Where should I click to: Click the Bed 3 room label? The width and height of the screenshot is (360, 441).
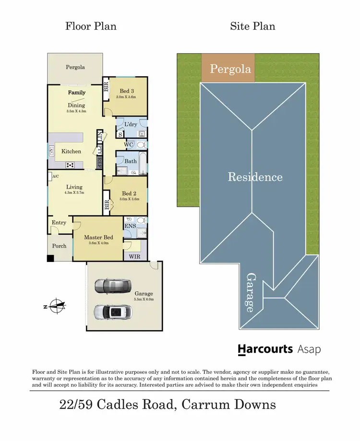tap(127, 91)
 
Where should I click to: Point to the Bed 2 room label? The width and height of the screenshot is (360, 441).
tap(127, 193)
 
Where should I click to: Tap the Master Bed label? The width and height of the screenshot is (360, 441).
tap(98, 237)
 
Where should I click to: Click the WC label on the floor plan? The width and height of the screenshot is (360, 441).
tap(128, 144)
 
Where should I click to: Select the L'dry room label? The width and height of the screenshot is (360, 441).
tap(131, 124)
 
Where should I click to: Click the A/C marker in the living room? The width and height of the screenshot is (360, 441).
tap(56, 176)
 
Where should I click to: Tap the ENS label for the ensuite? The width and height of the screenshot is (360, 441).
tap(130, 226)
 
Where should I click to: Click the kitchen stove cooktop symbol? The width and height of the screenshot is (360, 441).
tap(70, 165)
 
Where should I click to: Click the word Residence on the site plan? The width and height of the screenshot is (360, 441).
tap(255, 177)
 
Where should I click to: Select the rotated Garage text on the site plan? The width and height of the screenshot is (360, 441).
tap(250, 293)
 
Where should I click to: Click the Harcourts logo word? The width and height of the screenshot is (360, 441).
tap(265, 349)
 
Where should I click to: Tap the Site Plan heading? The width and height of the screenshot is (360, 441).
tap(252, 26)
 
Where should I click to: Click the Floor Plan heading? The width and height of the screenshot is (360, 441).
tap(91, 26)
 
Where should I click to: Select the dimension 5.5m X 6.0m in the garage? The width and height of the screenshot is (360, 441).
tap(144, 299)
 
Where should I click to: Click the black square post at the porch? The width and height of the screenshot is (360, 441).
tap(50, 259)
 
